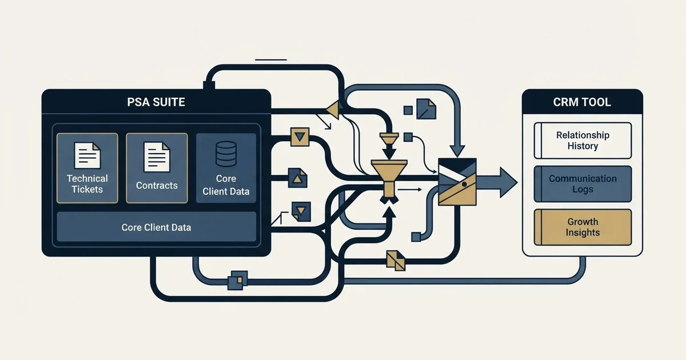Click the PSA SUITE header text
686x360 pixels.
click(156, 102)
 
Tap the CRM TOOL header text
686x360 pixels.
click(582, 102)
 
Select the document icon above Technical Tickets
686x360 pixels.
click(87, 155)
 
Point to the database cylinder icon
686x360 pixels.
click(226, 154)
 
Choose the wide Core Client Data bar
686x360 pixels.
click(156, 227)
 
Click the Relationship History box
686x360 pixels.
click(583, 141)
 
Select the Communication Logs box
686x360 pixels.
click(583, 184)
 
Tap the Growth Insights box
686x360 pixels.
click(583, 227)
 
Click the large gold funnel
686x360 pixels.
click(389, 178)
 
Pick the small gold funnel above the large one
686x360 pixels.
click(389, 138)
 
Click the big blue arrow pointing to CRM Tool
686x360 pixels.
click(497, 182)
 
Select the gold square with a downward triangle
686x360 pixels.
click(300, 137)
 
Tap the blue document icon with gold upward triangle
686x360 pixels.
click(298, 178)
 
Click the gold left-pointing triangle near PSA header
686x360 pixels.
click(333, 110)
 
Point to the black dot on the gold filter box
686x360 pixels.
click(464, 184)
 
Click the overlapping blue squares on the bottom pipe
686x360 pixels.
click(238, 281)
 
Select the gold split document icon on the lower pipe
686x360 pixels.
click(396, 261)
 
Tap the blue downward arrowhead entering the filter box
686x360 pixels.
click(457, 151)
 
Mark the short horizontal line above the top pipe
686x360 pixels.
click(271, 59)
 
